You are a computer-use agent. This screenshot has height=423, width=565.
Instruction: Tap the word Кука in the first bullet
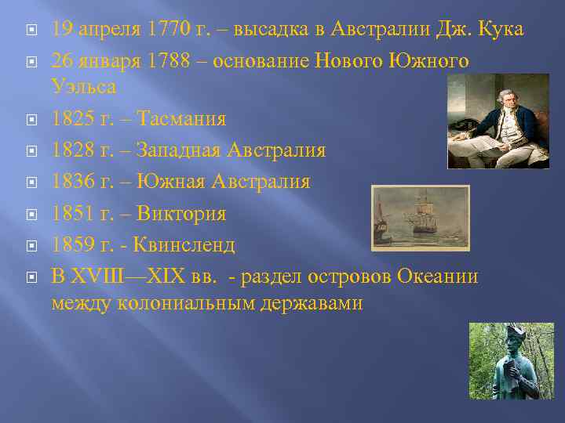click(x=498, y=30)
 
